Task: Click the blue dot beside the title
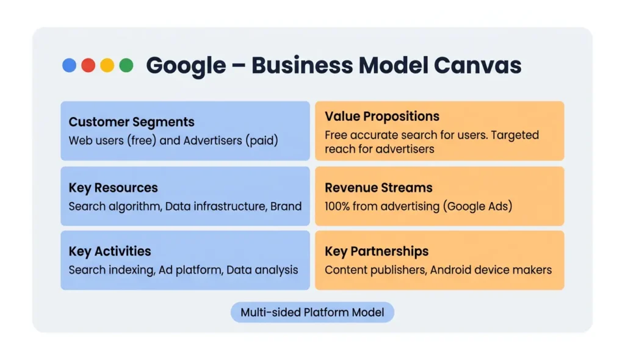pos(70,65)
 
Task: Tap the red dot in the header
pos(89,65)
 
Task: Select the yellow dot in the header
pos(107,65)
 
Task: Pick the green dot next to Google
pos(126,65)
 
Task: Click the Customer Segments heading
pos(131,122)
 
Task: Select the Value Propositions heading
pos(382,117)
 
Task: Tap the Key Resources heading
pos(113,188)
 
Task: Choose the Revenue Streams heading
pos(378,188)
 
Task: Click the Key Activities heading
pos(110,251)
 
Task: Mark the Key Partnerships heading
pos(377,251)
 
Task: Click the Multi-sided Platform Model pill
pos(312,312)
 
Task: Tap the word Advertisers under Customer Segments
pos(212,140)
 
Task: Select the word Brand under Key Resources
pos(286,206)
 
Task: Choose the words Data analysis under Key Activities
pos(262,270)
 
